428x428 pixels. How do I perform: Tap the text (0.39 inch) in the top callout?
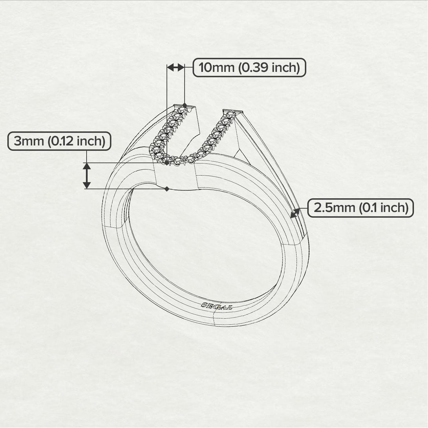click(269, 68)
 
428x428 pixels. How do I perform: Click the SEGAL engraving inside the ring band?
click(216, 306)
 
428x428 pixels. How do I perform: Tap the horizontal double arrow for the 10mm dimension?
click(176, 68)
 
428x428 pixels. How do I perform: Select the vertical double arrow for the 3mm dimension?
click(87, 176)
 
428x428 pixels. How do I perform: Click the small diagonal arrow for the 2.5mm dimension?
click(295, 213)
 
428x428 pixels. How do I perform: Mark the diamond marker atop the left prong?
click(185, 105)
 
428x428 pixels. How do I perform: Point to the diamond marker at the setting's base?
click(167, 162)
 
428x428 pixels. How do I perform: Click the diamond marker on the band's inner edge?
click(167, 189)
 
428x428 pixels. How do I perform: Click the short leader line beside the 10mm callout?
click(189, 68)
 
